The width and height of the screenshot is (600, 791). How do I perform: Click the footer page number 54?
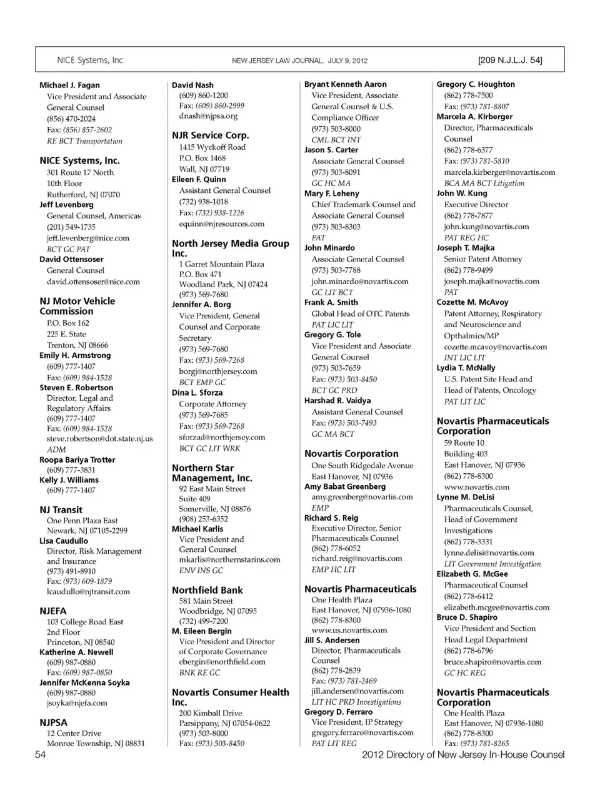[41, 755]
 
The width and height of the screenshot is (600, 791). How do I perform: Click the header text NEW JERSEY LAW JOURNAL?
[277, 61]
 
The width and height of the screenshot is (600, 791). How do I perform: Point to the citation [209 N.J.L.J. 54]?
[510, 61]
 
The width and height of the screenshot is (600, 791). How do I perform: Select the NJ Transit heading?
[61, 509]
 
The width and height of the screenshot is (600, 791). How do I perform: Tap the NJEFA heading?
[53, 611]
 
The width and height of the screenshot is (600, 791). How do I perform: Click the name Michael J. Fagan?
[69, 85]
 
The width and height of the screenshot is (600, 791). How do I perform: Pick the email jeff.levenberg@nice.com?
[88, 238]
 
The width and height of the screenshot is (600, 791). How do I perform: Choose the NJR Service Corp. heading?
[210, 135]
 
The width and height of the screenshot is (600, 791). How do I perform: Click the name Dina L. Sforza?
[197, 393]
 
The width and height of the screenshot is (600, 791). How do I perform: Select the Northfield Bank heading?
[207, 590]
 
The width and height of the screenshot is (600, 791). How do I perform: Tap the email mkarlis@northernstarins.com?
[229, 560]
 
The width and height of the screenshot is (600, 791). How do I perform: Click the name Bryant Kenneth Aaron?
[346, 84]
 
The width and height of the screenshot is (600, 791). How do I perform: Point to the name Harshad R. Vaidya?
[337, 401]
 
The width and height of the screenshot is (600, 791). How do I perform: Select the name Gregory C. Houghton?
[476, 84]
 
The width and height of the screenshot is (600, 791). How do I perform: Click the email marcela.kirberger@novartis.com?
[499, 172]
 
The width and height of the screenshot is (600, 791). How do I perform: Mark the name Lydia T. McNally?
[466, 368]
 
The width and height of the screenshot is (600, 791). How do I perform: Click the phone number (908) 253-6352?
[203, 519]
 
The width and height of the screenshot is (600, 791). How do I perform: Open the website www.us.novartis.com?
[349, 631]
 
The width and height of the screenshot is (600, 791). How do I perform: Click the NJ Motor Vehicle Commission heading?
[77, 306]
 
